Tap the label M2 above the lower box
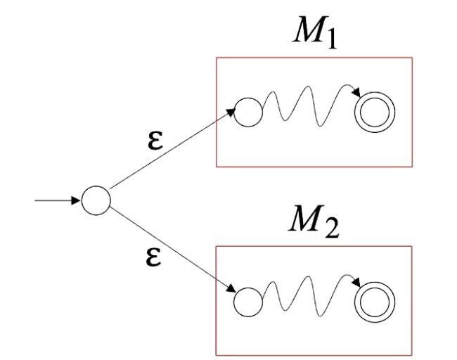tap(314, 224)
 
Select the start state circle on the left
tap(96, 200)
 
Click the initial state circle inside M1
tap(247, 112)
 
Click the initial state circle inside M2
tap(247, 302)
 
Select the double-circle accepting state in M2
tap(375, 302)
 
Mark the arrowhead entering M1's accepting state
tap(357, 95)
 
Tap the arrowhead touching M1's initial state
tap(230, 111)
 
